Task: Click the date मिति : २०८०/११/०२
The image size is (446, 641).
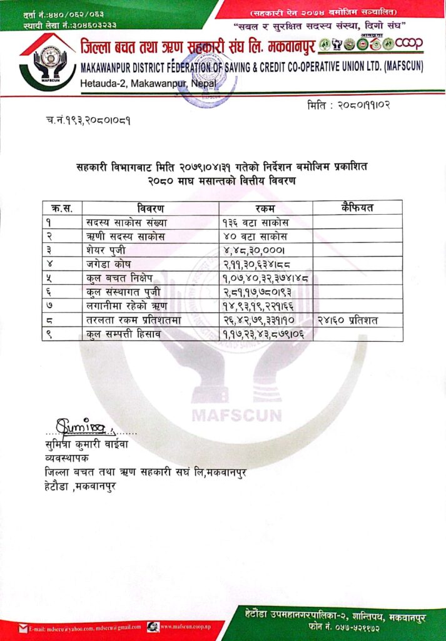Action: [348, 105]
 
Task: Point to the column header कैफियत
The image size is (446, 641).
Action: [357, 207]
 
